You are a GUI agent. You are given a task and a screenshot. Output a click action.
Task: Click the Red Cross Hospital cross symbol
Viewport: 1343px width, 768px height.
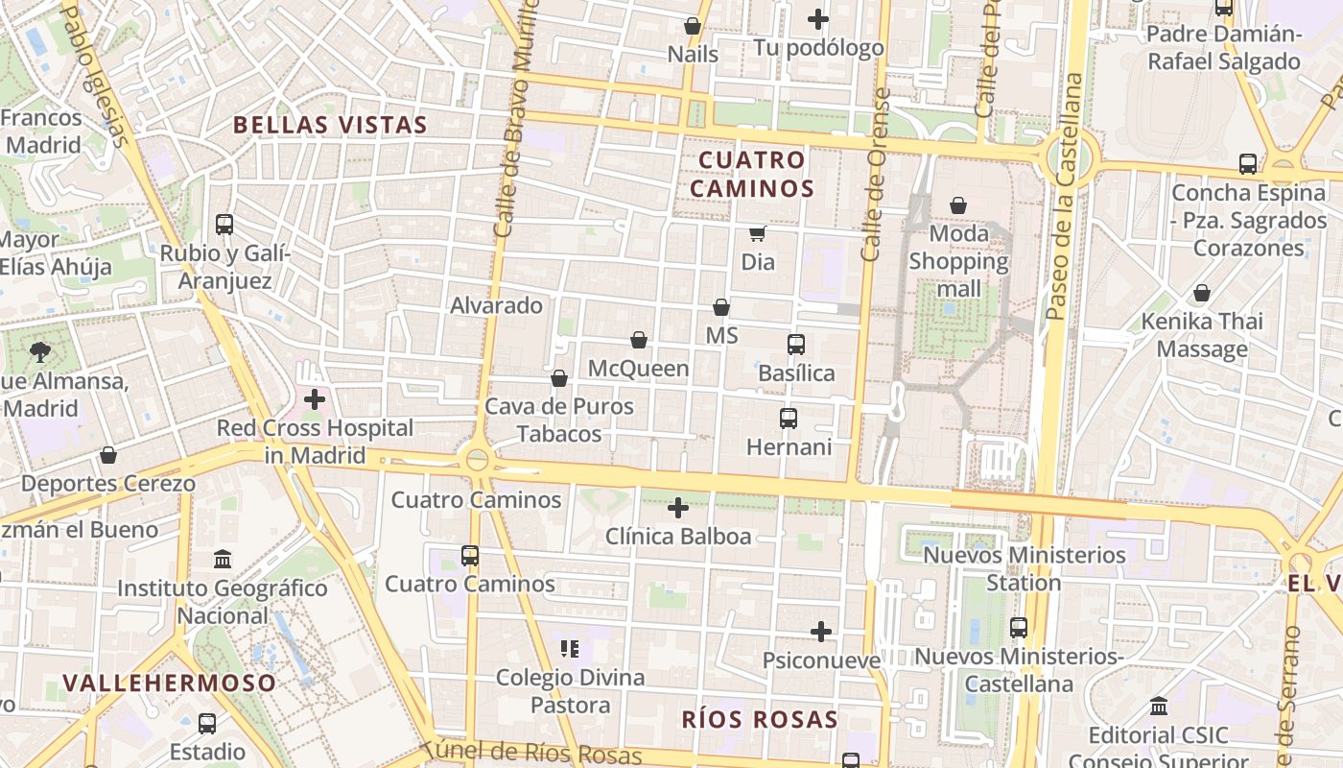[x=315, y=398]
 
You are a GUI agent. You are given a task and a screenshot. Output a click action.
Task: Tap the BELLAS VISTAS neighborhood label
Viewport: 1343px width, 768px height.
[x=330, y=125]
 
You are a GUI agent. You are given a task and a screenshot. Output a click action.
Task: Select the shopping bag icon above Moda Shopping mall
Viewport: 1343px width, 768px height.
[x=957, y=205]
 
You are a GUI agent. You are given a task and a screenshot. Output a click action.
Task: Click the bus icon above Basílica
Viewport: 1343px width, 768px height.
[x=795, y=345]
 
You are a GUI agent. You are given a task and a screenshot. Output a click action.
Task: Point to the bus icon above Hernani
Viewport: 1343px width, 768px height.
[x=788, y=419]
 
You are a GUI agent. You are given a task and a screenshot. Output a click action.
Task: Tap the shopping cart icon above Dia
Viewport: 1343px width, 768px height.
[x=757, y=233]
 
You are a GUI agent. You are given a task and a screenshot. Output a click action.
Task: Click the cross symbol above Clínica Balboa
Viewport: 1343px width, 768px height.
[x=678, y=508]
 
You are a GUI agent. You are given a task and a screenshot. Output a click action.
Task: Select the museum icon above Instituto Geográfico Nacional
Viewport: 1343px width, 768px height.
[x=223, y=559]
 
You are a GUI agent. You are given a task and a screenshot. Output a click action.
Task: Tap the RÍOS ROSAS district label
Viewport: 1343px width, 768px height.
[x=760, y=719]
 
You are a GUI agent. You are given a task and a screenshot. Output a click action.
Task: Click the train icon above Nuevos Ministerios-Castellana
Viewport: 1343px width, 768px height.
[x=1018, y=628]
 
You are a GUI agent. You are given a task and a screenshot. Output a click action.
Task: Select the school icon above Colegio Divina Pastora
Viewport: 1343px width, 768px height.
[x=570, y=650]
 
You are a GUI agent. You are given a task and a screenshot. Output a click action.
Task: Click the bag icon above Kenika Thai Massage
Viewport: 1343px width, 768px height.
[x=1201, y=293]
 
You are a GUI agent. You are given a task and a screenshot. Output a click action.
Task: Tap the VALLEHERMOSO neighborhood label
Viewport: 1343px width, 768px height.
[x=170, y=683]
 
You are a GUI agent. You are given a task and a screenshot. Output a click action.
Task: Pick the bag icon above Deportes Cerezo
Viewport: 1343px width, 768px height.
[x=108, y=455]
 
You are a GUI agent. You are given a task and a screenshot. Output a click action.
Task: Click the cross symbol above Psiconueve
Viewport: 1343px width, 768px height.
[x=820, y=632]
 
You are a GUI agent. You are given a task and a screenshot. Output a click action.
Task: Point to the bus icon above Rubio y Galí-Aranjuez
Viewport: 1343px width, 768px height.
[x=224, y=225]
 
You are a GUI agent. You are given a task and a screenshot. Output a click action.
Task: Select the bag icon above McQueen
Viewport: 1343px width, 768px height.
[x=639, y=340]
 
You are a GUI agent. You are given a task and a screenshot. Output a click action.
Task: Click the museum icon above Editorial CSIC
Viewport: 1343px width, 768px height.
[x=1158, y=707]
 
